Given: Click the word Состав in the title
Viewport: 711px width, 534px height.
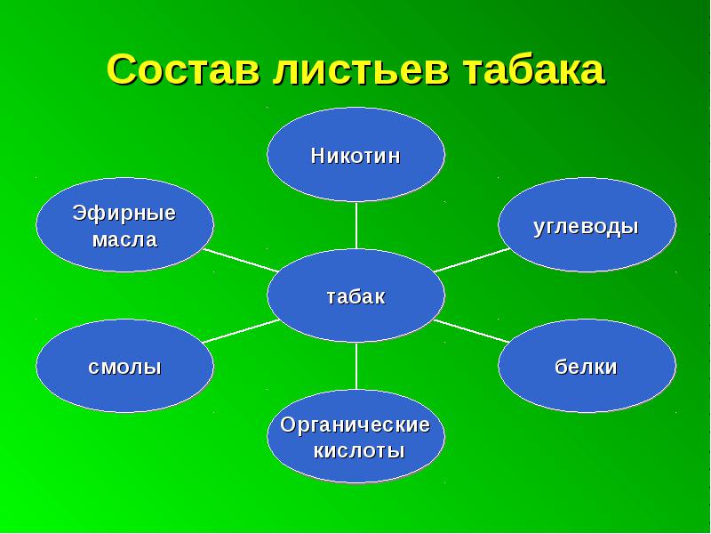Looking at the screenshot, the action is point(183,69).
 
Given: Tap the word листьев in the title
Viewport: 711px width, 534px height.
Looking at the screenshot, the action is point(361,70).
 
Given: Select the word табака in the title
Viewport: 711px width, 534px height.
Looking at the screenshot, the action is point(534,69).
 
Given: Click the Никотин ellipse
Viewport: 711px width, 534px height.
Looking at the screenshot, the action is point(356,154).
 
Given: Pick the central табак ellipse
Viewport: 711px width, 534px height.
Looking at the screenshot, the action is point(356,295).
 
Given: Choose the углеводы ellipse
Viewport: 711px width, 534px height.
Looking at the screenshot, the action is point(587,225).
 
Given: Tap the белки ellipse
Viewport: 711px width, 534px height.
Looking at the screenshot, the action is point(587,366).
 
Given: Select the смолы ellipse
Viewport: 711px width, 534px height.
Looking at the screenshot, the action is point(124,366).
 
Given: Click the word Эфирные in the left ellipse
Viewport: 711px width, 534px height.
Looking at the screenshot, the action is point(124,213).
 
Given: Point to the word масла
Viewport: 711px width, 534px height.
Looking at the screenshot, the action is point(124,239).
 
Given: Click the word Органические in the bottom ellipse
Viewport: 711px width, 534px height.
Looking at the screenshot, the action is point(355,425).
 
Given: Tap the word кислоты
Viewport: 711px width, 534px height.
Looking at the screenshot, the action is point(359,451).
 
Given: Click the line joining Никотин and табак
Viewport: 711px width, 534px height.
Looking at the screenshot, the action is point(356,225).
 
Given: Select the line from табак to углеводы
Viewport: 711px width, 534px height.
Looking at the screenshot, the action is point(472,260).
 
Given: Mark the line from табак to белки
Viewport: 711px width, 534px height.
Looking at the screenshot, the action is point(472,330).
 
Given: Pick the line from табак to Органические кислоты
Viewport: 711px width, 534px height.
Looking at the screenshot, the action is point(356,366).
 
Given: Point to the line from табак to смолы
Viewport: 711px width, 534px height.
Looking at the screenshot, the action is point(241,330).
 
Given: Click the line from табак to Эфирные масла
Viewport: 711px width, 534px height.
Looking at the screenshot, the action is point(241,260).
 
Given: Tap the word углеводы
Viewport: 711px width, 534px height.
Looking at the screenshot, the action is point(586,227).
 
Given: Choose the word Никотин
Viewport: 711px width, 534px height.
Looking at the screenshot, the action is point(355,156).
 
